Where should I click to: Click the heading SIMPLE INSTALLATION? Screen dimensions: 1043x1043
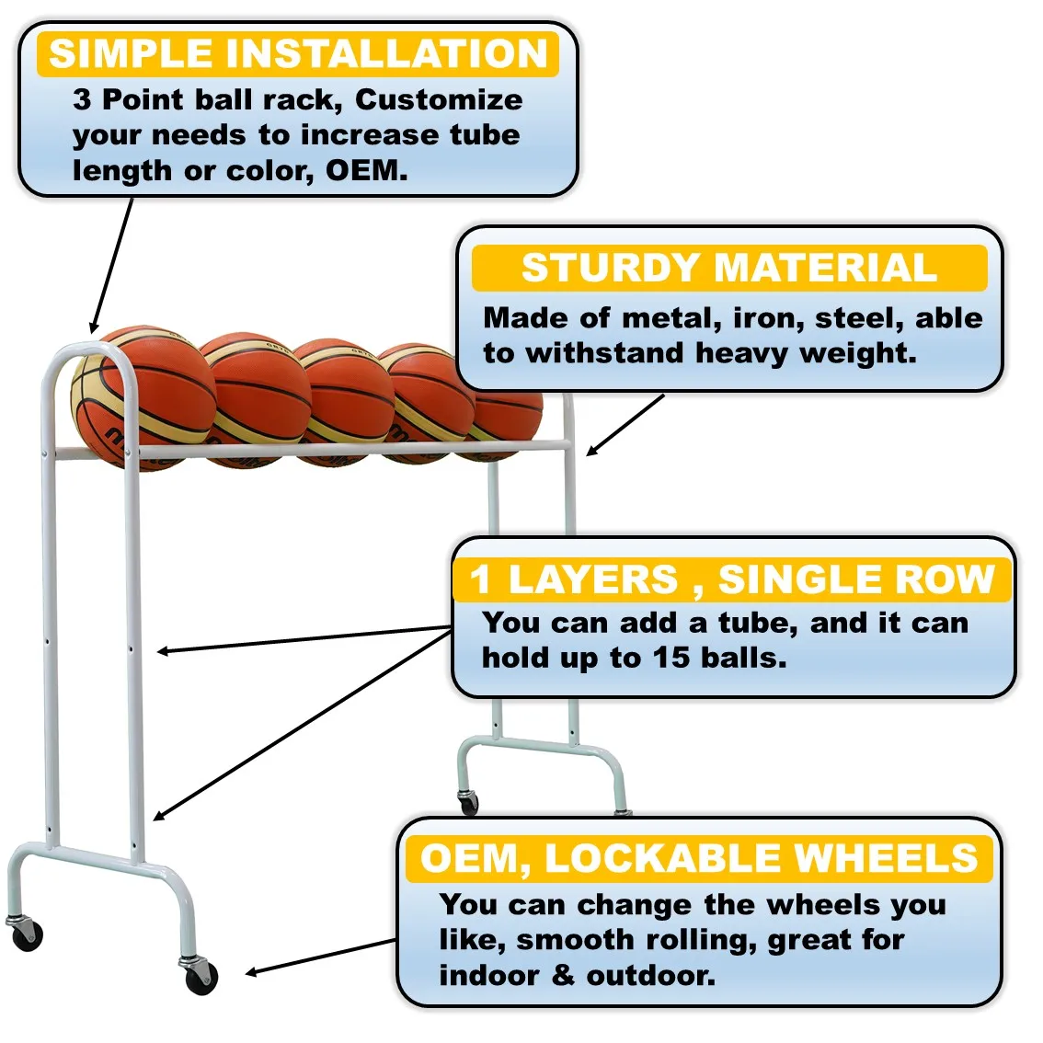click(x=298, y=53)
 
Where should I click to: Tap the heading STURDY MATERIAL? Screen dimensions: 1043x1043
click(x=728, y=268)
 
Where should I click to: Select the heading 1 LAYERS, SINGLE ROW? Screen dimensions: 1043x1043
click(x=732, y=580)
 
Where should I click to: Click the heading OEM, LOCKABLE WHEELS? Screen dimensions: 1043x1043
click(x=699, y=858)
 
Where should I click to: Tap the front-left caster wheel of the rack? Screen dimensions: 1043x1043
click(x=25, y=934)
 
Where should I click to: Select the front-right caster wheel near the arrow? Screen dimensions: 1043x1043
click(x=200, y=976)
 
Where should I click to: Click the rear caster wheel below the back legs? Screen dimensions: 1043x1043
click(x=468, y=802)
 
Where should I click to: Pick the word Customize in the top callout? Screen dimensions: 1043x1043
click(x=439, y=99)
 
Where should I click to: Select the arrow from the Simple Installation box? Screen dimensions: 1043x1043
click(x=110, y=267)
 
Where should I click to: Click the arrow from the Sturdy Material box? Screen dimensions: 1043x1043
click(x=625, y=425)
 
